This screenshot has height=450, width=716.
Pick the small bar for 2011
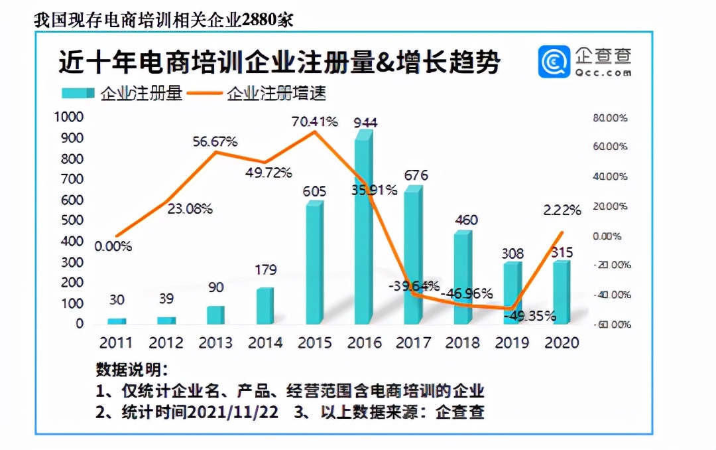pyautogui.click(x=117, y=321)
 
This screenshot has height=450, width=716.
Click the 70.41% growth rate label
pyautogui.click(x=315, y=121)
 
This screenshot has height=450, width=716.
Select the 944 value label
pyautogui.click(x=366, y=123)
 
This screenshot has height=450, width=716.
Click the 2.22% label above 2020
pyautogui.click(x=562, y=210)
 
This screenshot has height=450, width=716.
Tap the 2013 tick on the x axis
pyautogui.click(x=215, y=342)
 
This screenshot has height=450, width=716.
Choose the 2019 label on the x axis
pyautogui.click(x=512, y=342)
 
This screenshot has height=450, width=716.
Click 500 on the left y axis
pyautogui.click(x=72, y=220)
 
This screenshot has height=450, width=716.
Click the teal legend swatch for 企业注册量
pyautogui.click(x=78, y=94)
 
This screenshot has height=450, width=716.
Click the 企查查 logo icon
pyautogui.click(x=553, y=61)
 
